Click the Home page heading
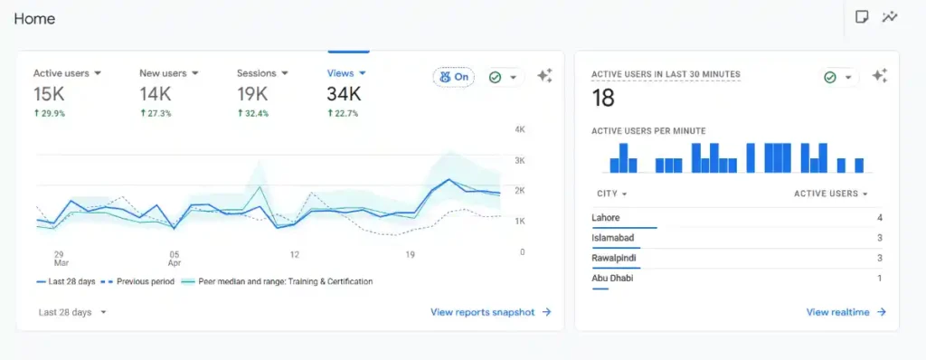34,18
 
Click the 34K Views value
345,94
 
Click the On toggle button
454,77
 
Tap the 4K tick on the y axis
520,130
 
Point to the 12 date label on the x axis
295,255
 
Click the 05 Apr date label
175,259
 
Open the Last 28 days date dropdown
72,312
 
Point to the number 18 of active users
603,98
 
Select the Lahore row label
606,218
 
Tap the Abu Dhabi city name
612,278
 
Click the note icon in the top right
862,16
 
